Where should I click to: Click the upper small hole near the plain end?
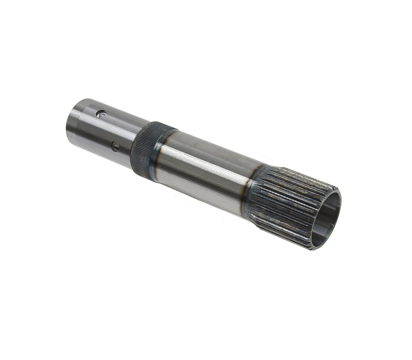tap(102, 114)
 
